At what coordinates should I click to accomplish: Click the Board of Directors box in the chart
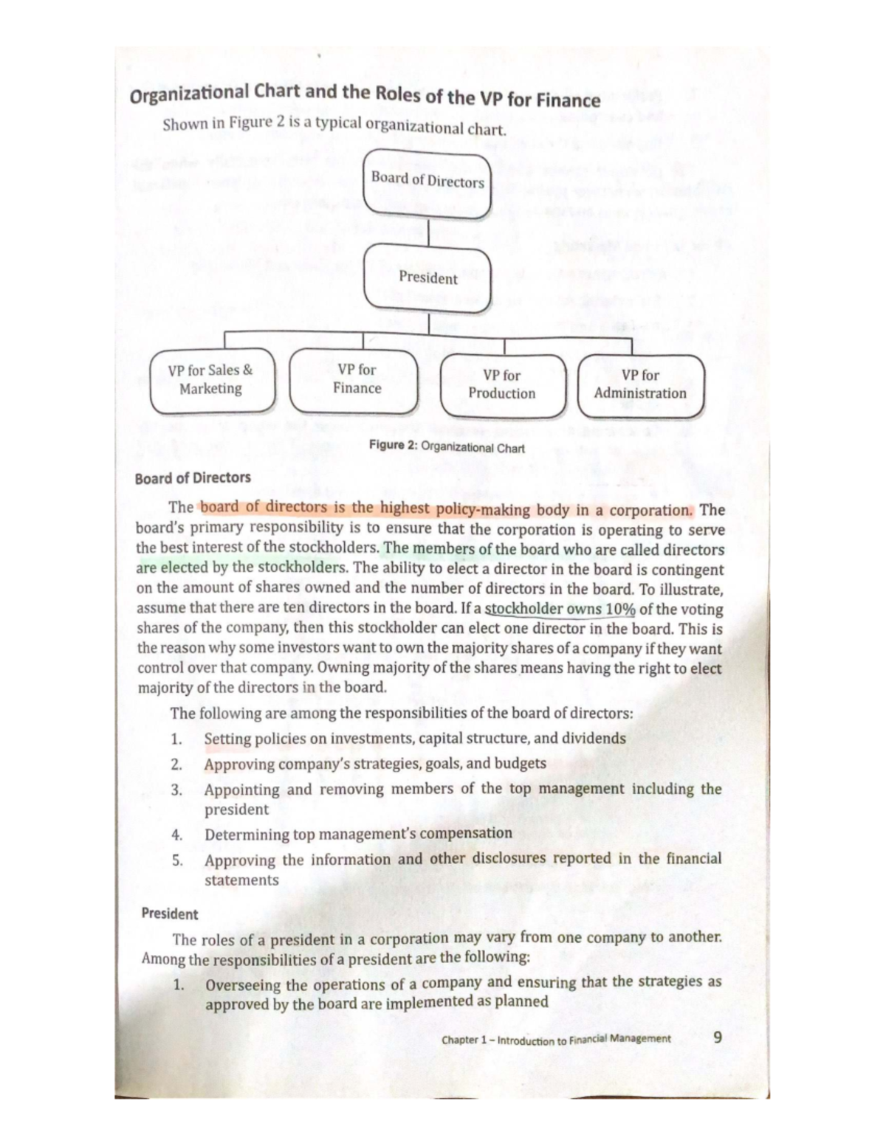click(427, 182)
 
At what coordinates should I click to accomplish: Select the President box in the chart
click(427, 278)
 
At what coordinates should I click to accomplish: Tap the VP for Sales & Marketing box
click(212, 380)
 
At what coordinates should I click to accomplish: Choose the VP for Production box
click(502, 384)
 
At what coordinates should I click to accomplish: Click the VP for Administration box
click(640, 384)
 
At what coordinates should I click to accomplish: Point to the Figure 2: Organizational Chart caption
click(447, 447)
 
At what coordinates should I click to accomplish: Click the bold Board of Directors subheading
click(193, 478)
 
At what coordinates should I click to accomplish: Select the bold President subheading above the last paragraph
click(170, 914)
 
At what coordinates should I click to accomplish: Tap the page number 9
click(717, 1038)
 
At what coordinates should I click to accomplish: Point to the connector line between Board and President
click(428, 230)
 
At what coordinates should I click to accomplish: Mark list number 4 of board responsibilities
click(176, 835)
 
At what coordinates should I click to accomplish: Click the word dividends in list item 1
click(594, 738)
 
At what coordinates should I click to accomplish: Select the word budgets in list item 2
click(520, 764)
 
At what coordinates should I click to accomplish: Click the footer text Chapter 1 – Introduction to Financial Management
click(556, 1040)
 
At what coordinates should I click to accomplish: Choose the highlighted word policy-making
click(483, 509)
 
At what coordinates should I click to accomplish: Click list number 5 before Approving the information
click(177, 860)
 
